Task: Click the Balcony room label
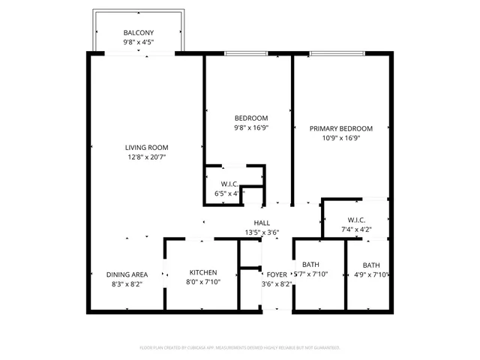[138, 32]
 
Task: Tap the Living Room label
[147, 147]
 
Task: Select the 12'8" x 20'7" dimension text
[147, 157]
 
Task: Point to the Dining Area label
[126, 274]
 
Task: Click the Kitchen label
[203, 272]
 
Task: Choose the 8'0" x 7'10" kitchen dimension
[203, 283]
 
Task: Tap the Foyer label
[277, 274]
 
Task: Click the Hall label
[262, 223]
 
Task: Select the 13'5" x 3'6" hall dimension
[262, 232]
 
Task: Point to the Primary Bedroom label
[341, 128]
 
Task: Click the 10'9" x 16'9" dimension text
[341, 138]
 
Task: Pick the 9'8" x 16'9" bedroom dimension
[251, 127]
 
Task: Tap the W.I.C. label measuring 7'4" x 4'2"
[355, 220]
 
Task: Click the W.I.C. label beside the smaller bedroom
[229, 184]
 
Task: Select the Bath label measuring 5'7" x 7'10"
[310, 265]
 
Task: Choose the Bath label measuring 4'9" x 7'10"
[371, 265]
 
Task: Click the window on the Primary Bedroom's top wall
[337, 52]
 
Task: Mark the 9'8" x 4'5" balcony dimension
[138, 42]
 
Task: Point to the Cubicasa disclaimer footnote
[240, 348]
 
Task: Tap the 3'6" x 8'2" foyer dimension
[277, 284]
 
